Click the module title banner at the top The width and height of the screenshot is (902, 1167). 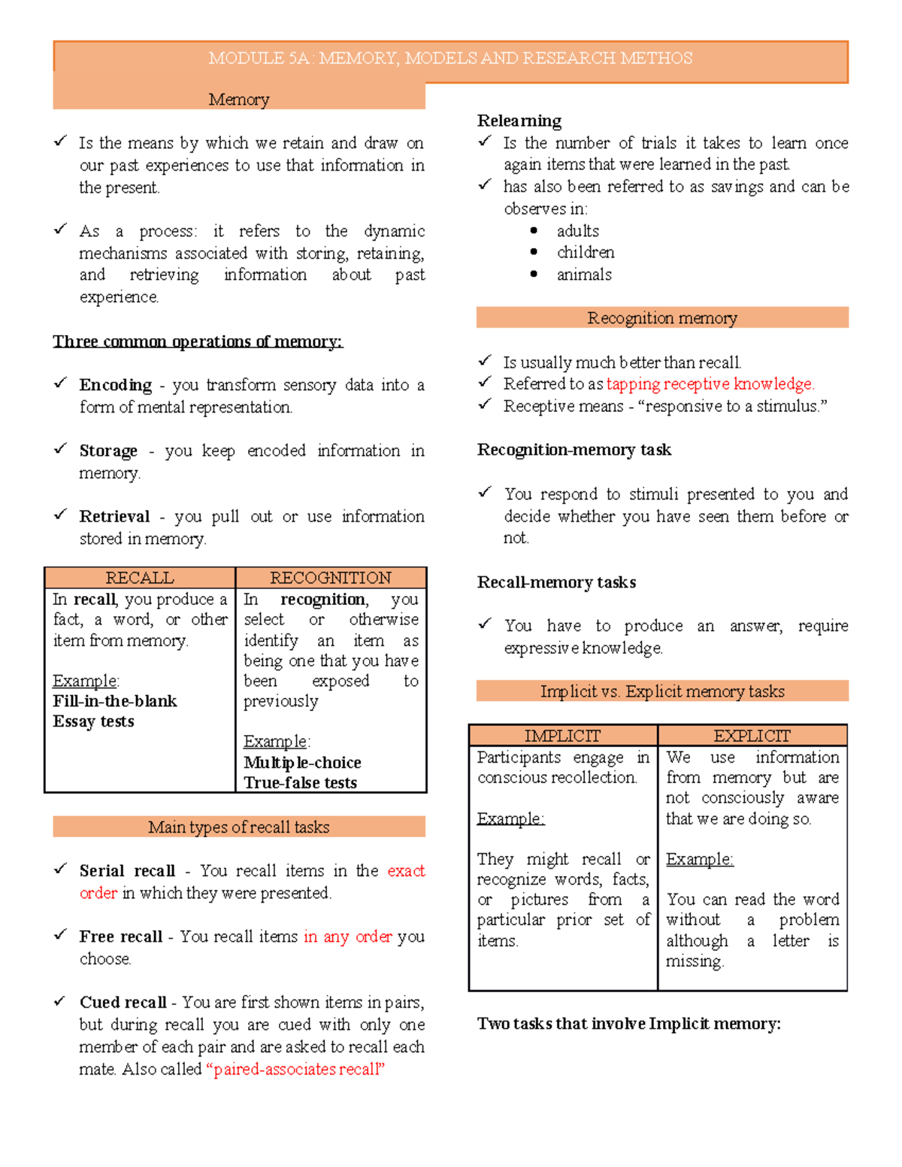pyautogui.click(x=450, y=59)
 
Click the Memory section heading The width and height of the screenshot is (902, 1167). pyautogui.click(x=238, y=99)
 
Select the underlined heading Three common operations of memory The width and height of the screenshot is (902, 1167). pyautogui.click(x=197, y=341)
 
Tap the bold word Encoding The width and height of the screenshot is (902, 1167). pyautogui.click(x=115, y=385)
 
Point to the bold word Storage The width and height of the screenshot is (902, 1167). pyautogui.click(x=108, y=451)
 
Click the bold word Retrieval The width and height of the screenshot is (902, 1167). pyautogui.click(x=114, y=516)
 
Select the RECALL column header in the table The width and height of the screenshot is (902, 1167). pyautogui.click(x=140, y=577)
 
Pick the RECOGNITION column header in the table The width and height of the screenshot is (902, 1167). pyautogui.click(x=330, y=577)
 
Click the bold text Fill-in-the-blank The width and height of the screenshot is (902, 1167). pyautogui.click(x=114, y=701)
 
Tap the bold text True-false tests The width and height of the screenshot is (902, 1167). pyautogui.click(x=300, y=782)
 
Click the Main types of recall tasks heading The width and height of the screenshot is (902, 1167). pyautogui.click(x=238, y=827)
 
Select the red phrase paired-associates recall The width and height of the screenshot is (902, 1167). pyautogui.click(x=295, y=1069)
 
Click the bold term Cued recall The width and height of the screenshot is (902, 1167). pyautogui.click(x=123, y=1002)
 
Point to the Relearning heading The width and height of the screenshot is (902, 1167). pyautogui.click(x=519, y=120)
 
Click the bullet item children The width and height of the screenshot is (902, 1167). pyautogui.click(x=585, y=252)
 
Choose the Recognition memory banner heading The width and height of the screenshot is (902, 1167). pyautogui.click(x=661, y=318)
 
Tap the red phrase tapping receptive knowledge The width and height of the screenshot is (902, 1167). pyautogui.click(x=710, y=384)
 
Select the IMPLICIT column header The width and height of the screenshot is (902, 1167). pyautogui.click(x=562, y=735)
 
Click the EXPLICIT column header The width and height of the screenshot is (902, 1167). pyautogui.click(x=752, y=735)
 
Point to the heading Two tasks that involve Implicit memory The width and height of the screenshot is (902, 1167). pyautogui.click(x=628, y=1023)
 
